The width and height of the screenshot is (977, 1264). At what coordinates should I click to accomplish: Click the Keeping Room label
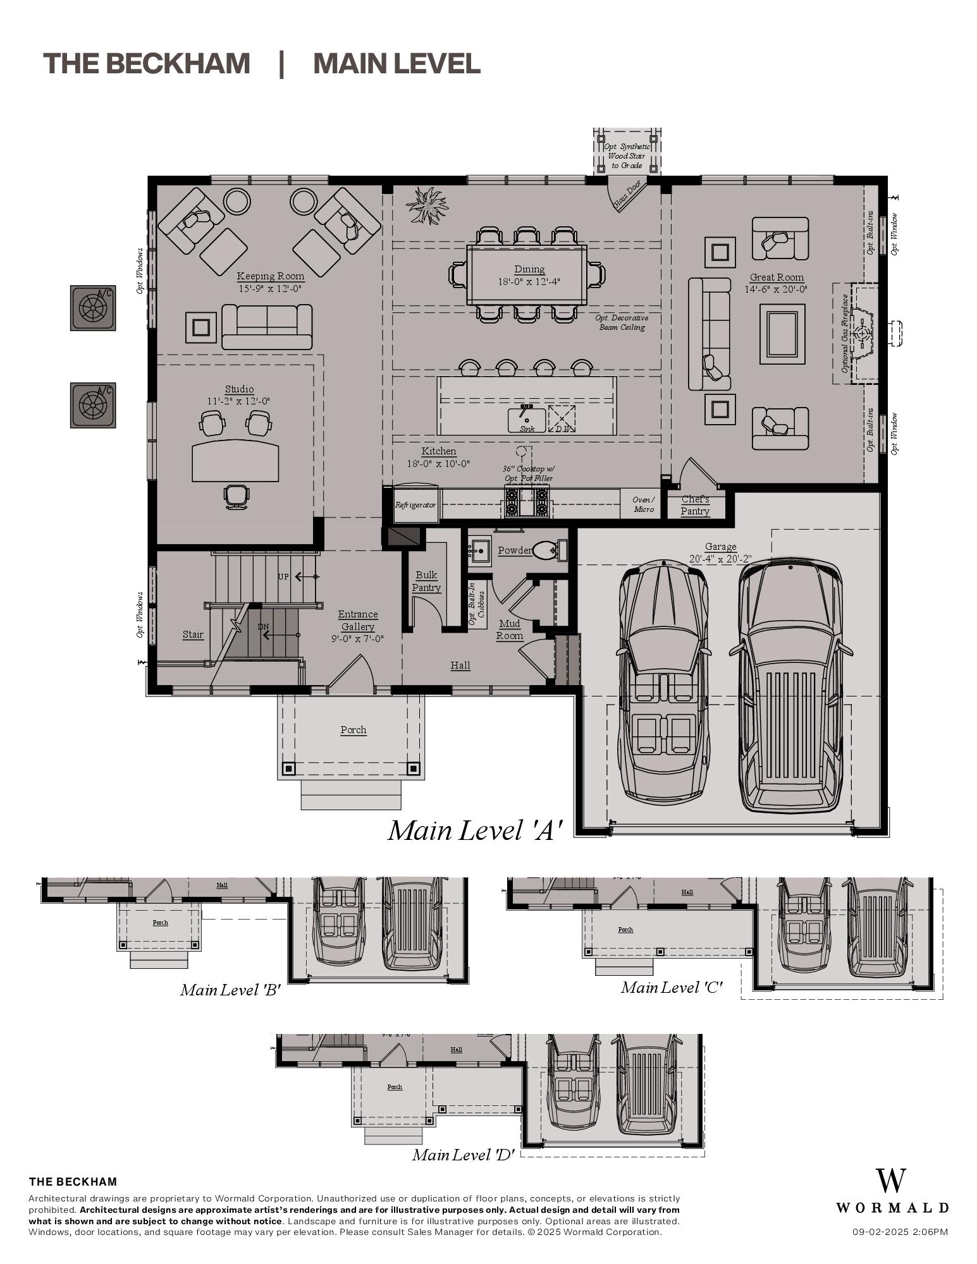(x=270, y=276)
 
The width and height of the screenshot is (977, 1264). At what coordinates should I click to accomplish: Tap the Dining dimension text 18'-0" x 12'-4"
(x=529, y=282)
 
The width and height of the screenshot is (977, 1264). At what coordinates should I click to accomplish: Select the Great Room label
(x=777, y=277)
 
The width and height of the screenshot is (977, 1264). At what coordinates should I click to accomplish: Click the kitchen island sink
(x=526, y=420)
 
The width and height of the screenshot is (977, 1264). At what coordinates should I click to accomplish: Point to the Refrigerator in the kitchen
(x=415, y=504)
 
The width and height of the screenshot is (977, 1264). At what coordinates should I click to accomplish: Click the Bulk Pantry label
(x=426, y=581)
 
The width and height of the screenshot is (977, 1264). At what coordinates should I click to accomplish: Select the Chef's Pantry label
(x=695, y=506)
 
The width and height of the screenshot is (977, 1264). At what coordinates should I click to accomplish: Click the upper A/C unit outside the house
(x=93, y=308)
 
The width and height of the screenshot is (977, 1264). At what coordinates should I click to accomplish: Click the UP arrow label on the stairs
(x=285, y=577)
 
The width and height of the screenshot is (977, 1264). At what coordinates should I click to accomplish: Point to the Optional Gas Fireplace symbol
(x=862, y=333)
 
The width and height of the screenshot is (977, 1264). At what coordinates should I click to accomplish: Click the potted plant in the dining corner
(x=427, y=205)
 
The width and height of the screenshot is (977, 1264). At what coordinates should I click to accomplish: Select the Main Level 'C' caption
(x=671, y=988)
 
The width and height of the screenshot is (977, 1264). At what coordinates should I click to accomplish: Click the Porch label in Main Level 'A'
(x=353, y=730)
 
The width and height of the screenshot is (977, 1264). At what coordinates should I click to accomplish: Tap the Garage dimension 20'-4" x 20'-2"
(x=720, y=559)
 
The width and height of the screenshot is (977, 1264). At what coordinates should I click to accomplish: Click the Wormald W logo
(x=890, y=1181)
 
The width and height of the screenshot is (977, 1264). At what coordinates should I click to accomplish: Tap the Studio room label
(x=239, y=389)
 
